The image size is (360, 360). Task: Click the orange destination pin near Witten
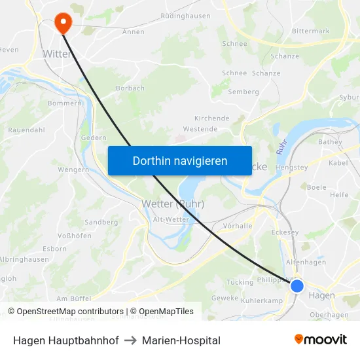tap(63, 23)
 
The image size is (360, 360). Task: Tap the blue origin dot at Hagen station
tap(297, 286)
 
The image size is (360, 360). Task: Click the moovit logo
tap(320, 339)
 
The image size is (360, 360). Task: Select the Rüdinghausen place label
tap(185, 16)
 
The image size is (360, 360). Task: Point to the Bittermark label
tap(311, 31)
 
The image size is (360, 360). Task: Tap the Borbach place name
tap(130, 88)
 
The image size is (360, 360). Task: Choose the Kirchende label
tap(212, 118)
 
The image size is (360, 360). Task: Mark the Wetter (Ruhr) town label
tap(173, 204)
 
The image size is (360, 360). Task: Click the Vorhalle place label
tap(238, 226)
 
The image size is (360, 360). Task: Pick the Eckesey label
tap(285, 232)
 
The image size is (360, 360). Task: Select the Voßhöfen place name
tap(75, 236)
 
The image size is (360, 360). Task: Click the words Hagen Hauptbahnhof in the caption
tap(66, 340)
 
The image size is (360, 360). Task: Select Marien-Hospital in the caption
tap(181, 340)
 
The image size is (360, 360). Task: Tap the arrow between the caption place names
tap(130, 340)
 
